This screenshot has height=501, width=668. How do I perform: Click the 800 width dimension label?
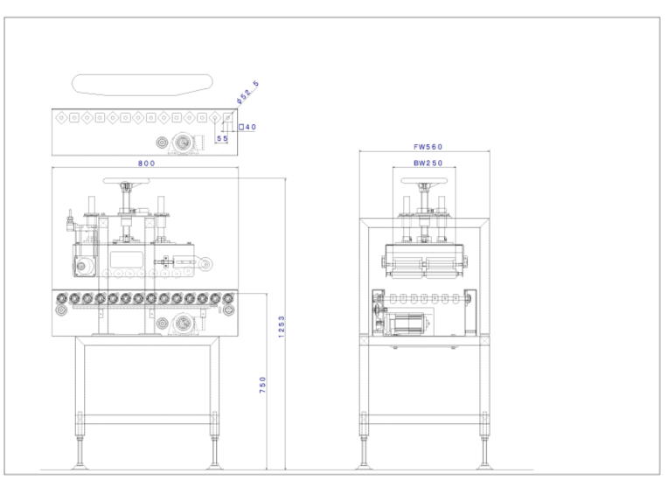(146, 164)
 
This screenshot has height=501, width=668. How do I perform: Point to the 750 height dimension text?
(263, 384)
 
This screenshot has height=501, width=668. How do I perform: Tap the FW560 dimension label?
(425, 146)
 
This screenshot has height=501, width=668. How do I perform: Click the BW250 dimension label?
(425, 164)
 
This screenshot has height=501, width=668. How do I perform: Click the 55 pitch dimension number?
(222, 138)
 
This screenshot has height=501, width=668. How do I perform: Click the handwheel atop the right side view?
(425, 180)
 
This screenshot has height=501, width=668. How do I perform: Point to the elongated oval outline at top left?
(142, 84)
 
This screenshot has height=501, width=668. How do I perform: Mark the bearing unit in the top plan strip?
(184, 142)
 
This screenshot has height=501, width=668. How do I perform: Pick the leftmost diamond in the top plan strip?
(60, 115)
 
